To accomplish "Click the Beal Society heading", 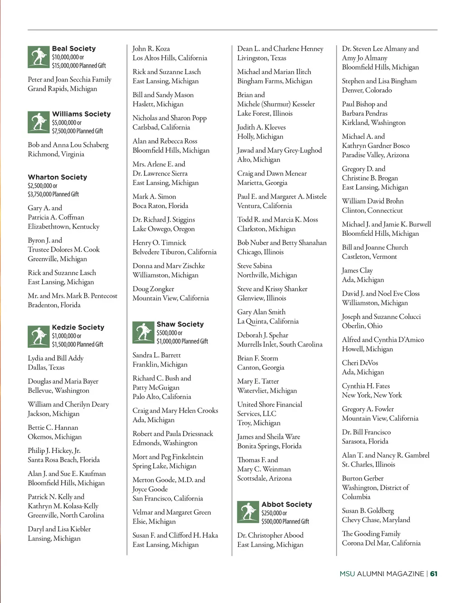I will click(74, 49).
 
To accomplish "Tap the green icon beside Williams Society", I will click(39, 122).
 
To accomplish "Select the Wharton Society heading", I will click(58, 177).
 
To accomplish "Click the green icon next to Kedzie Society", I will click(39, 336).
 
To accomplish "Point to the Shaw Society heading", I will click(180, 324).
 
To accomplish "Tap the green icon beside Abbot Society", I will click(248, 512).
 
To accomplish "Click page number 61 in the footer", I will click(434, 574).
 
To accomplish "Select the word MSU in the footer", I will click(347, 574).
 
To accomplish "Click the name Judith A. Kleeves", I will click(261, 127).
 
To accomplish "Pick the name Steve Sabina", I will click(255, 266).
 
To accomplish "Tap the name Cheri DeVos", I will click(360, 363).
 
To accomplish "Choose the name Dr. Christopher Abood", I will click(270, 535).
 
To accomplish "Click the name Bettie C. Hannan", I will click(53, 428).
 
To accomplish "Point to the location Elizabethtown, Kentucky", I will click(63, 227).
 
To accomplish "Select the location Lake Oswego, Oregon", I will click(164, 229).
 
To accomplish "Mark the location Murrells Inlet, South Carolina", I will click(280, 345).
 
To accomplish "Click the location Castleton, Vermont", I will click(369, 257).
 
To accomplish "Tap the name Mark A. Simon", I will click(154, 196).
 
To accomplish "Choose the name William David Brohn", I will click(372, 201).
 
